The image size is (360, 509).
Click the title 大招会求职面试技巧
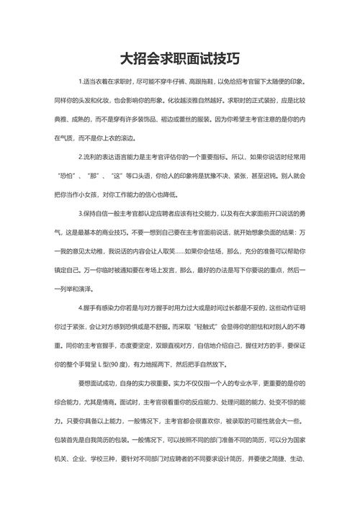pos(179,58)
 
